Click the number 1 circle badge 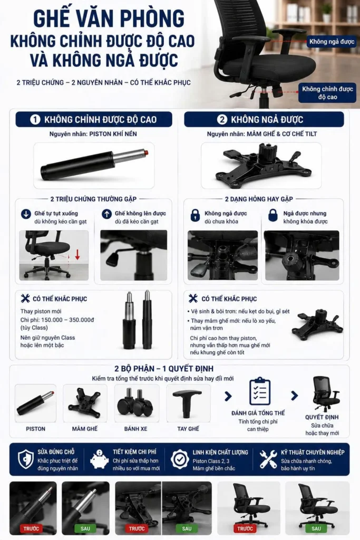(35, 120)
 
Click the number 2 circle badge (222, 120)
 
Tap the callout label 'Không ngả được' (332, 42)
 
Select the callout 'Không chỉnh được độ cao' (327, 93)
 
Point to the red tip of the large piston (147, 152)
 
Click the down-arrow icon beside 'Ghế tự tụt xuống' (26, 214)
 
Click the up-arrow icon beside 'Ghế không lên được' (106, 214)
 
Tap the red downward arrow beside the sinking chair (77, 255)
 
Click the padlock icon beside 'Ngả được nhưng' (273, 215)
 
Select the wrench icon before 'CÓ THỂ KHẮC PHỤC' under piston (25, 298)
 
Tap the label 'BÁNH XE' (135, 429)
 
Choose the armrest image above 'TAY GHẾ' (188, 403)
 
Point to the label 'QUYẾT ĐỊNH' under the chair (322, 417)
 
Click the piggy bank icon (99, 459)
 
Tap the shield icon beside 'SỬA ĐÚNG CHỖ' (26, 459)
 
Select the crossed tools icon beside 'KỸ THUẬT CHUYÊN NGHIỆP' (268, 459)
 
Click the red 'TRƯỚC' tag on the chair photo (245, 528)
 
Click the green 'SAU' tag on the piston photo (85, 528)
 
